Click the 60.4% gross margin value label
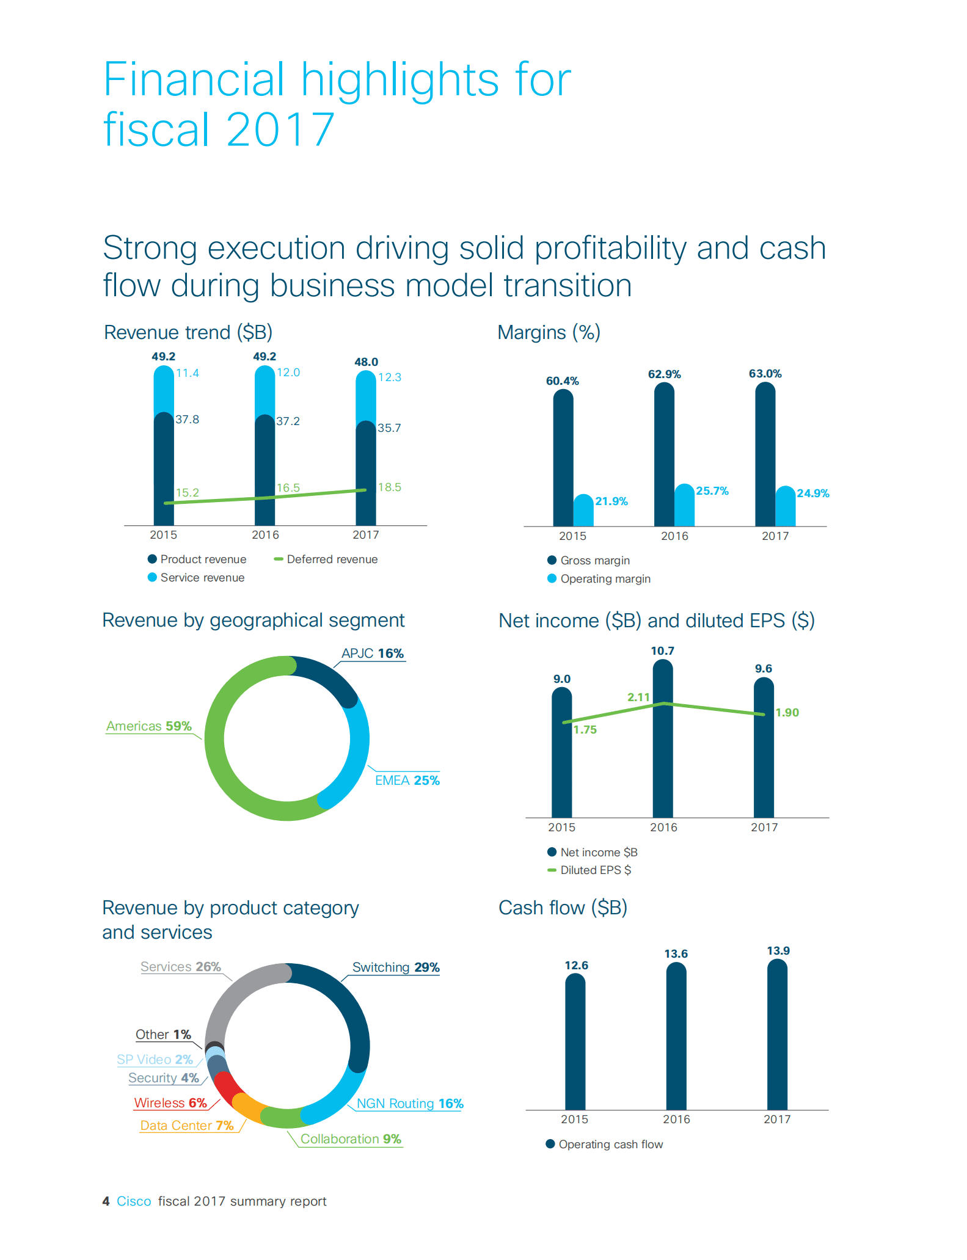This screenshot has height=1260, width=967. [562, 381]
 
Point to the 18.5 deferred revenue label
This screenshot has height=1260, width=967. [390, 487]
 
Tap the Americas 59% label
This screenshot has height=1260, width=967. [149, 726]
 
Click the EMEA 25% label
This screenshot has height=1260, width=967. [407, 781]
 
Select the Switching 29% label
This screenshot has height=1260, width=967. [396, 967]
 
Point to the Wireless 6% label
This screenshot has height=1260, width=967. [170, 1103]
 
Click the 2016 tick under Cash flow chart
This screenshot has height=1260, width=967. [676, 1120]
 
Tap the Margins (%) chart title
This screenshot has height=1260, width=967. [549, 333]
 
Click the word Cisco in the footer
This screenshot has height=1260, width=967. [134, 1201]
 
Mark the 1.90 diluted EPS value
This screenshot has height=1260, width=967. [787, 713]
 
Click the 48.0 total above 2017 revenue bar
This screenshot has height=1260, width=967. [366, 362]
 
